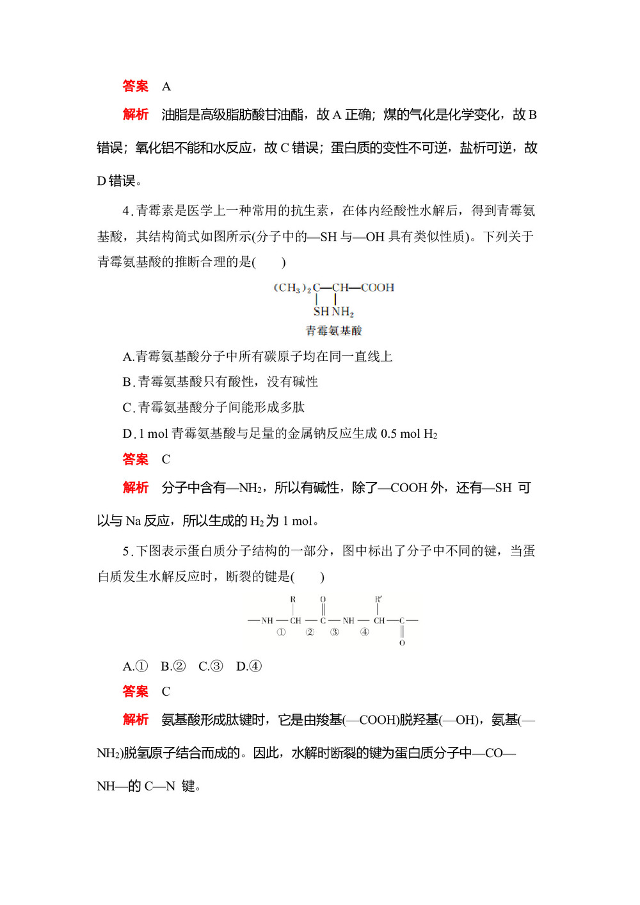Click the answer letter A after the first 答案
[166, 86]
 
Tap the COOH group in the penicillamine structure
[378, 287]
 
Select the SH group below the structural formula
[321, 312]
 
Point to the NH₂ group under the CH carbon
[343, 312]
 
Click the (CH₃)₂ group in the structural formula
[292, 288]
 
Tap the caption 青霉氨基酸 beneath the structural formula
[333, 331]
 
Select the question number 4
[126, 211]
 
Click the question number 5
[126, 551]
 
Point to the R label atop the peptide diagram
[293, 600]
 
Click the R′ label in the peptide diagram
[378, 600]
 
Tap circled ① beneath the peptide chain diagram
[281, 632]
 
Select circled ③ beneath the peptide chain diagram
[334, 632]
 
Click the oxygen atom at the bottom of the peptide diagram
[402, 643]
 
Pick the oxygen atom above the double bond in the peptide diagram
[323, 600]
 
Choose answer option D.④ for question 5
[249, 666]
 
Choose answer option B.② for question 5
[173, 666]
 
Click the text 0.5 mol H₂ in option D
[409, 434]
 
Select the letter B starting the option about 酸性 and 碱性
[127, 382]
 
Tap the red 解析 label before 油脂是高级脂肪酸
[136, 115]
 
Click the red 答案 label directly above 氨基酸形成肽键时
[136, 691]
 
